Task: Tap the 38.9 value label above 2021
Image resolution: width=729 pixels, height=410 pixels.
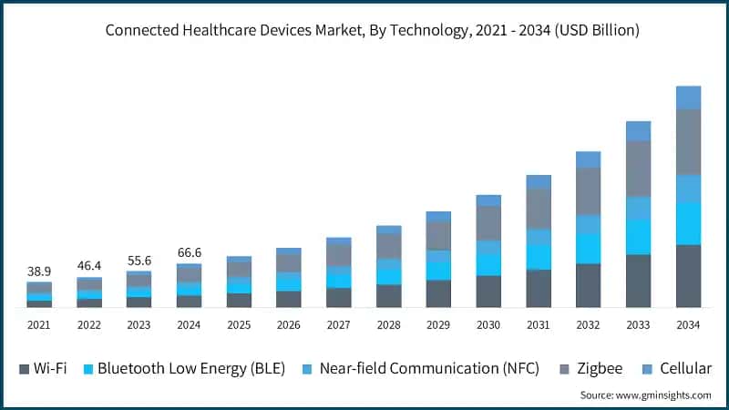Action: click(x=39, y=272)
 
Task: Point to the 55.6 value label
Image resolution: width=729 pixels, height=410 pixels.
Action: click(x=139, y=261)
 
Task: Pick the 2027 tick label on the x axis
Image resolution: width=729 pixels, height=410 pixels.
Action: click(x=338, y=324)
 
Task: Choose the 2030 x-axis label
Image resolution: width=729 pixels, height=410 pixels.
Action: click(x=488, y=324)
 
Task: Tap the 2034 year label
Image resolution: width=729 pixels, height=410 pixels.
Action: click(x=688, y=324)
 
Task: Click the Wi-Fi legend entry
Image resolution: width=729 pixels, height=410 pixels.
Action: click(x=43, y=368)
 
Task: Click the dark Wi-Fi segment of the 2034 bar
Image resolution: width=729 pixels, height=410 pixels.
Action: click(x=688, y=275)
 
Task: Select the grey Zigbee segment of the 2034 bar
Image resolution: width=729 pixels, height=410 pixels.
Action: click(x=688, y=141)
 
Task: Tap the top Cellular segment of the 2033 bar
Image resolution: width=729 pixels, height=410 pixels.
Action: click(x=638, y=130)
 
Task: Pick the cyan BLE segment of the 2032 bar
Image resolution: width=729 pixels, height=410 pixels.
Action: click(x=588, y=248)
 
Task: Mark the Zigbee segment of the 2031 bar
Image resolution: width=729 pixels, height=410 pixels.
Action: click(x=539, y=209)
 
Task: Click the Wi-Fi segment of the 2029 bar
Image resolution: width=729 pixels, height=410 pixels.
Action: click(x=438, y=293)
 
